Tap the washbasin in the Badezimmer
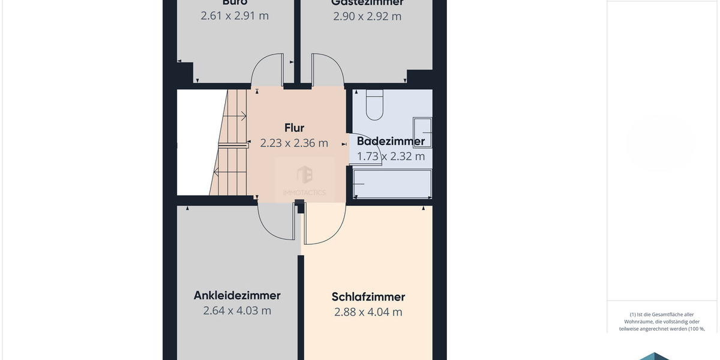pyautogui.click(x=422, y=125)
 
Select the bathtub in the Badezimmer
pyautogui.click(x=392, y=183)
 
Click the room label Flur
pyautogui.click(x=294, y=128)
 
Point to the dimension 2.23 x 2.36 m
pyautogui.click(x=294, y=143)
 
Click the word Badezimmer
pyautogui.click(x=391, y=142)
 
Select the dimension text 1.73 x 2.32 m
pyautogui.click(x=391, y=157)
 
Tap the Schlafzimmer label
pyautogui.click(x=368, y=297)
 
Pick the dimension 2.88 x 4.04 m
pyautogui.click(x=368, y=312)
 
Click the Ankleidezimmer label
pyautogui.click(x=237, y=295)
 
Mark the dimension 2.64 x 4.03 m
pyautogui.click(x=237, y=311)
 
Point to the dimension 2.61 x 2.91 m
pyautogui.click(x=235, y=16)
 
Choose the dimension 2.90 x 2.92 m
pyautogui.click(x=367, y=16)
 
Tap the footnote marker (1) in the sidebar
pyautogui.click(x=632, y=314)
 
